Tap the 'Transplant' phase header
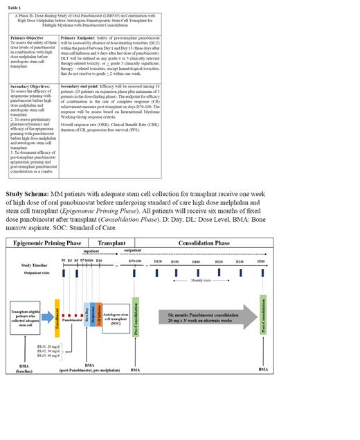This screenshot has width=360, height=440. point(111,245)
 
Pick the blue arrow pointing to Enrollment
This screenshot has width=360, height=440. point(46,320)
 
